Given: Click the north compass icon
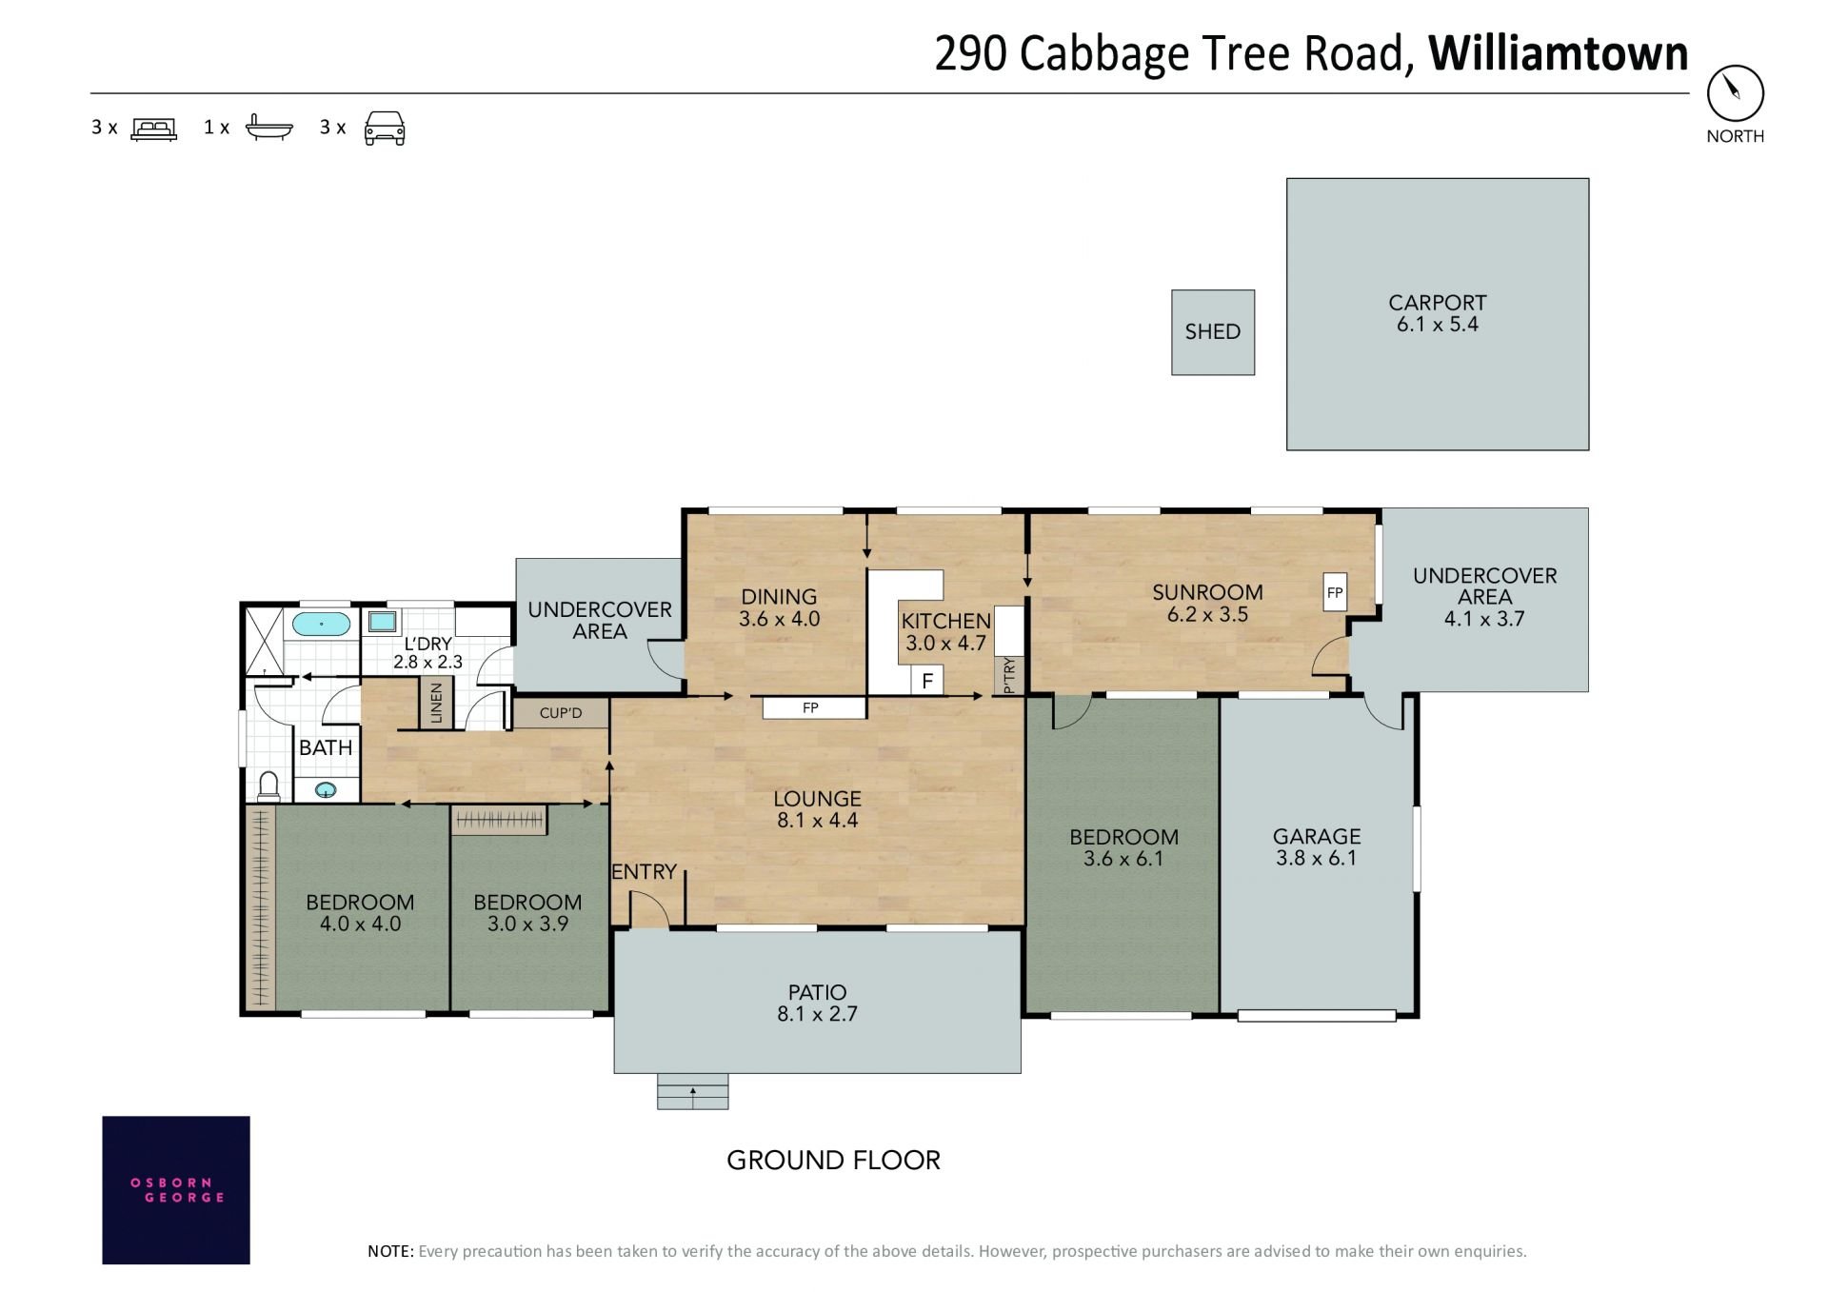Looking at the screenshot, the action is click(1735, 93).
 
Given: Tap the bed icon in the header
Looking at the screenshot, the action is click(153, 129).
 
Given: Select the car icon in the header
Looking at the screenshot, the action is click(385, 129).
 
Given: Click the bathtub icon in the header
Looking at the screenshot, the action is click(269, 128).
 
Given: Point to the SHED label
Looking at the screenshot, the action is click(1212, 331).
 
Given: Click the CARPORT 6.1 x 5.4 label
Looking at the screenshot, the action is click(1437, 313).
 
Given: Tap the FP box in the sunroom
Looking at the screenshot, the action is click(1335, 592).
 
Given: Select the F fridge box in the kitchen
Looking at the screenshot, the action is click(927, 681).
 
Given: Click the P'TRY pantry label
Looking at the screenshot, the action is click(1009, 675).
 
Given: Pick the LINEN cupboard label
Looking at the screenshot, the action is click(437, 703).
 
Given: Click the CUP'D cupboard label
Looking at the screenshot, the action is click(561, 713).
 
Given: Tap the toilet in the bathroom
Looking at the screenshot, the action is click(268, 786).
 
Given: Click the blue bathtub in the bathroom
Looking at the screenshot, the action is click(321, 625).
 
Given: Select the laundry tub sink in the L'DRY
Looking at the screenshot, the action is click(383, 622).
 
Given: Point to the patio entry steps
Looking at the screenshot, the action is click(692, 1091).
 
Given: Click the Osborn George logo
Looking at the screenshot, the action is click(176, 1190).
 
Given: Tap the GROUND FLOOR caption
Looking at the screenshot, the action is click(833, 1160).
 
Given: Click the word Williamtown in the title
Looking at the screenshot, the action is click(1559, 53).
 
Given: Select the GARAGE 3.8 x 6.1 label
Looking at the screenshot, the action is click(1317, 847).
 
